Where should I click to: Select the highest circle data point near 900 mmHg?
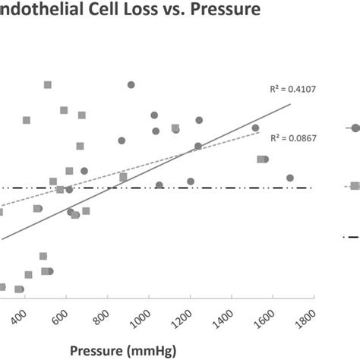click(131, 85)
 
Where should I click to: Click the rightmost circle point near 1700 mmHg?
click(289, 178)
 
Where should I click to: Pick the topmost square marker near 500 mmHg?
click(47, 85)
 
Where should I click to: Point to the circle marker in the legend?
click(354, 128)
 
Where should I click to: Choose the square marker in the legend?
click(355, 185)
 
